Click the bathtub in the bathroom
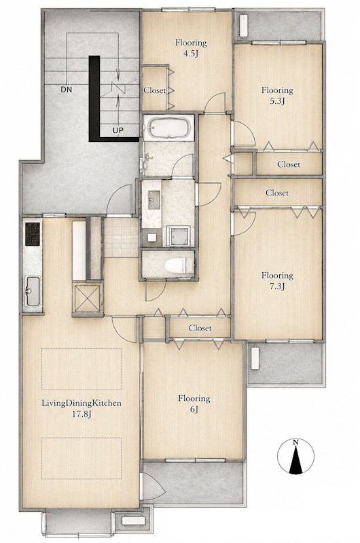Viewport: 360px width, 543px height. [168, 127]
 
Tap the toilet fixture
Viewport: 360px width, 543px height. [176, 266]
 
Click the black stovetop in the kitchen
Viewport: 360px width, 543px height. [33, 233]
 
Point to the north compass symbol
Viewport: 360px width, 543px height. [295, 457]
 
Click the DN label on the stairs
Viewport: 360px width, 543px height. [66, 90]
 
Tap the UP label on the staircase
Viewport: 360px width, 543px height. [118, 130]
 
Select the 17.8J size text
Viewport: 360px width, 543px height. [82, 414]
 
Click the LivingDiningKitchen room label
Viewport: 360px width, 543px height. [82, 403]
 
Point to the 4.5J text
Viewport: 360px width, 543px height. [191, 54]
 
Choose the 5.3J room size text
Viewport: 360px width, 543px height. [277, 101]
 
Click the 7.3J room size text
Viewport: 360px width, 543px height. [277, 286]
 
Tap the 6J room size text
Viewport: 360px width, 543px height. [194, 409]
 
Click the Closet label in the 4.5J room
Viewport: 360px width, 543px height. [155, 90]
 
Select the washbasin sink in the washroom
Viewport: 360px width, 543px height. [154, 200]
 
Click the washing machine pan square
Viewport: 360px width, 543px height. [179, 236]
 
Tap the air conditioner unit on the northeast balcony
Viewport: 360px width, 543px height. [244, 25]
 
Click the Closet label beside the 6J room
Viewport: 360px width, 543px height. [200, 328]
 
